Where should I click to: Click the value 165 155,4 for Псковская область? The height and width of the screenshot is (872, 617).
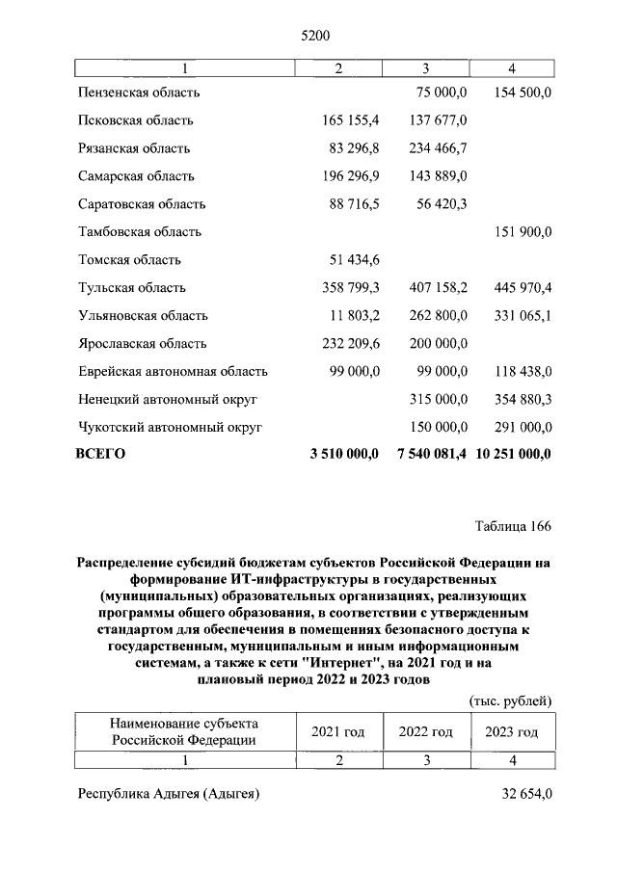click(x=347, y=120)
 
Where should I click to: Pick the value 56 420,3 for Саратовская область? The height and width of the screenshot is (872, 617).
click(x=435, y=204)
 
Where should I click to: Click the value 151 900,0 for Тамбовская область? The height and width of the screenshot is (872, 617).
click(x=518, y=232)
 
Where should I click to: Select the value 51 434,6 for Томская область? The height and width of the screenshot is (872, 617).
click(x=351, y=260)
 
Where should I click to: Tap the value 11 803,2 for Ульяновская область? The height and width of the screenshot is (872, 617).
click(x=351, y=316)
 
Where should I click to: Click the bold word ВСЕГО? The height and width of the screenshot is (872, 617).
click(x=100, y=453)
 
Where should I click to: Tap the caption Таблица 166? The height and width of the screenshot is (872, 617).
click(x=513, y=526)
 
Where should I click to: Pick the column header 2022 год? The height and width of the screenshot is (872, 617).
click(x=425, y=732)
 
